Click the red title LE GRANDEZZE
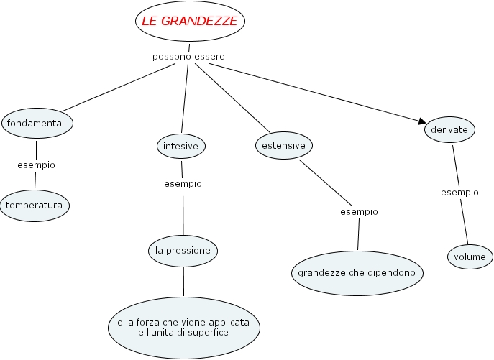[x=190, y=22]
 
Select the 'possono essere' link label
[x=188, y=56]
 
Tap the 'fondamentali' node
[x=37, y=124]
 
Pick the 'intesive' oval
[x=180, y=146]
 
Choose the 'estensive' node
[x=284, y=145]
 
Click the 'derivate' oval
[x=449, y=130]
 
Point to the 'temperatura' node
[x=35, y=206]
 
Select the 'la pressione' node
[x=183, y=251]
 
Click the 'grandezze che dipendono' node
[x=357, y=273]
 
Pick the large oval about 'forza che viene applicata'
[x=183, y=328]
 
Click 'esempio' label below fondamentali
[x=36, y=165]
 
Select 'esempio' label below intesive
[x=183, y=183]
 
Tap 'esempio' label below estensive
[x=359, y=211]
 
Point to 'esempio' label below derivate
[x=459, y=193]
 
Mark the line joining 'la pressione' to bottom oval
[x=183, y=281]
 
